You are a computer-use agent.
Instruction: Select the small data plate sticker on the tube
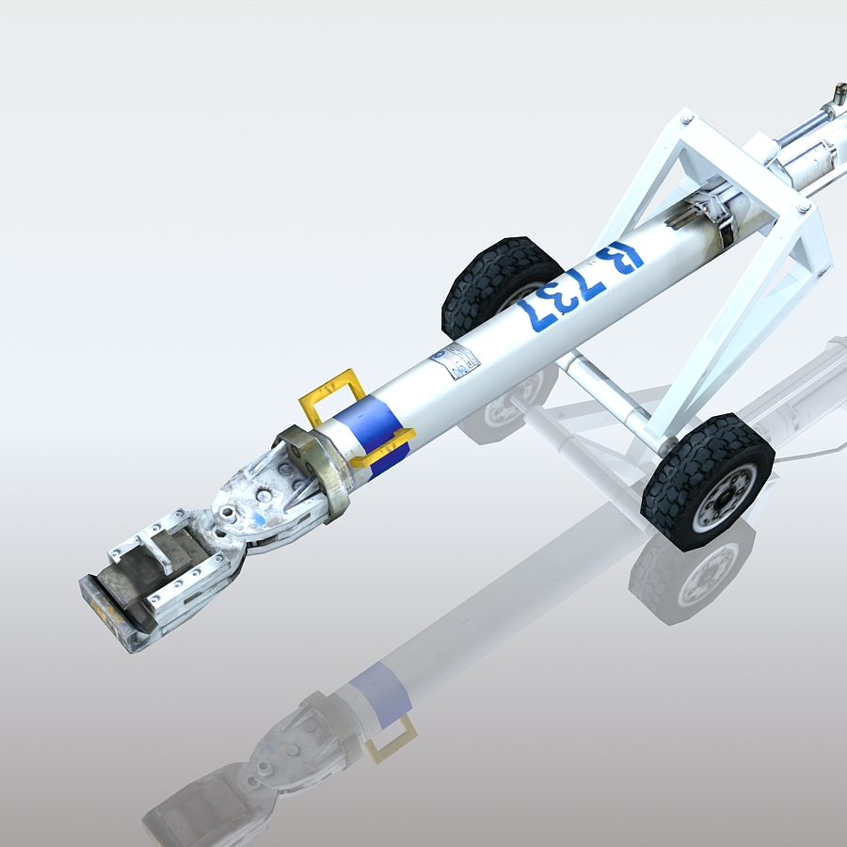pos(455,361)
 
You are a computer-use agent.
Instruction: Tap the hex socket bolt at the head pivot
pos(229,514)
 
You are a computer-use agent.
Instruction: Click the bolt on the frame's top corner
pos(686,119)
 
